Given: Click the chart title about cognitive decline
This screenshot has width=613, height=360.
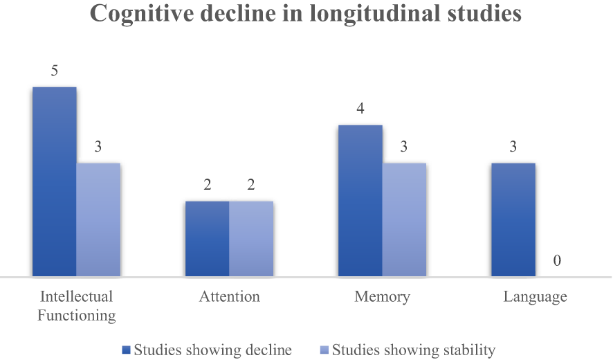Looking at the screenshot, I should [306, 15].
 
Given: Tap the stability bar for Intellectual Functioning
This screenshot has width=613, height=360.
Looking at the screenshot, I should [98, 220].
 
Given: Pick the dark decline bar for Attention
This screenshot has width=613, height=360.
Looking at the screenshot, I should [207, 239].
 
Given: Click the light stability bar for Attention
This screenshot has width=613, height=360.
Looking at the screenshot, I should [251, 239].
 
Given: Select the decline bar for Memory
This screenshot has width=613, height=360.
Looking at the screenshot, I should [360, 201].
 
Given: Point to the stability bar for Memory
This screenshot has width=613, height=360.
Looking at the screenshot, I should [404, 220].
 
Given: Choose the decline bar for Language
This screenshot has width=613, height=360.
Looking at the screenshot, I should [513, 220].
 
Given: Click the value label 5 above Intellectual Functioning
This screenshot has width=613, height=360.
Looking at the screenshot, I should [54, 71].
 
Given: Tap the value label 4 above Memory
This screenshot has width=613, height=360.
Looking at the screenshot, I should [360, 109].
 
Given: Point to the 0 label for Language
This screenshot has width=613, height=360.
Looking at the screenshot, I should [557, 261].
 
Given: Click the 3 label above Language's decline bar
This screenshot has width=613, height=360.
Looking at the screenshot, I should [513, 147].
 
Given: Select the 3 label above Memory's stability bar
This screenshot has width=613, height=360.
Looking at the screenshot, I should [404, 147].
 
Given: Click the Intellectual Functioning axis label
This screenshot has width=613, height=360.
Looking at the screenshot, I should [76, 306].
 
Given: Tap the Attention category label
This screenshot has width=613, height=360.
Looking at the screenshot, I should [230, 297].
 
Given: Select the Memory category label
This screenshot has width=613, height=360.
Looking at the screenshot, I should [382, 297].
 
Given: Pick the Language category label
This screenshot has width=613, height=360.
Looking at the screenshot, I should [535, 297].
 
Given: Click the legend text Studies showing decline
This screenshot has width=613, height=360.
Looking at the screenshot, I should [213, 350].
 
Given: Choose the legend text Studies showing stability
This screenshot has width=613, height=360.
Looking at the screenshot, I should [414, 350].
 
